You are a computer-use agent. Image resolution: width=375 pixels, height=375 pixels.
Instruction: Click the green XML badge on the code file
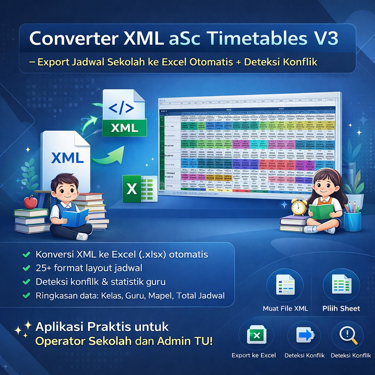[125, 128]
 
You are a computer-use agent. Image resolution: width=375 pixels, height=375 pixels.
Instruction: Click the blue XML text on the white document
[67, 158]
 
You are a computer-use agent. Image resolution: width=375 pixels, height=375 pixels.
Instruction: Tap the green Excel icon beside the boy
[140, 189]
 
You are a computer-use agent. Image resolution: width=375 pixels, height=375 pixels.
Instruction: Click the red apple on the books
[30, 202]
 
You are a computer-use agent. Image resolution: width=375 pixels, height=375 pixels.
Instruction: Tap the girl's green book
[321, 212]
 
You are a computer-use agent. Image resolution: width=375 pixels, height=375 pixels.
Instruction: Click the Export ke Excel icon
[256, 335]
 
